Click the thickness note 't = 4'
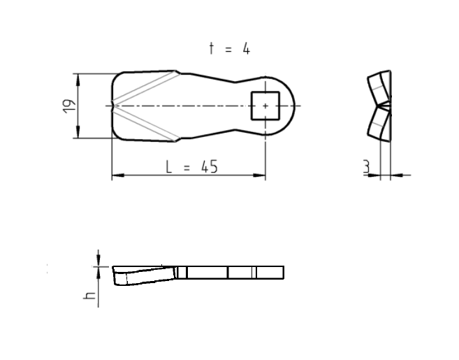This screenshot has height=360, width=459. [229, 49]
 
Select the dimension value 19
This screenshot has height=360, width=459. [68, 106]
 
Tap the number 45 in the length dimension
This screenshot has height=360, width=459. [208, 166]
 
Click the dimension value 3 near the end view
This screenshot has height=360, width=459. [366, 168]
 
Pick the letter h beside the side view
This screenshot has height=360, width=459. [89, 295]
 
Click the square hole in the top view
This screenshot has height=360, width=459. [264, 106]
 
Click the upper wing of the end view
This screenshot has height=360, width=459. [378, 87]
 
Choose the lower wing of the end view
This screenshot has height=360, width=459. [378, 122]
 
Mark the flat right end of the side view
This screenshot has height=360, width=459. [282, 273]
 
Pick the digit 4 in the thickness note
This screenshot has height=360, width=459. [246, 49]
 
